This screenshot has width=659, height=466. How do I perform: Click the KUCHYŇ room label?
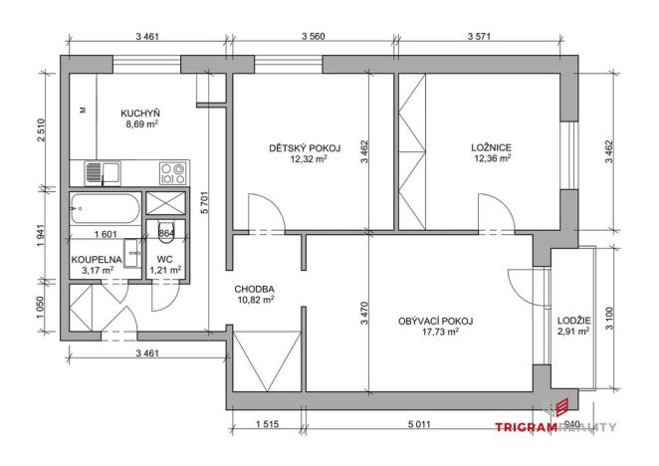pyautogui.click(x=142, y=113)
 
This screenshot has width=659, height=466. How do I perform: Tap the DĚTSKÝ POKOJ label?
pyautogui.click(x=305, y=147)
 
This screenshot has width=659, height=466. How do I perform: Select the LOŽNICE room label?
pyautogui.click(x=491, y=147)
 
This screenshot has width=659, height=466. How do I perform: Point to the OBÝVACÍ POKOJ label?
pyautogui.click(x=434, y=321)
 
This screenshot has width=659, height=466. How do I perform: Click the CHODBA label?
pyautogui.click(x=254, y=289)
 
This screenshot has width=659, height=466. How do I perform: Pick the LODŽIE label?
pyautogui.click(x=572, y=320)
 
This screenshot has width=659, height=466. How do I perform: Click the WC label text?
pyautogui.click(x=165, y=257)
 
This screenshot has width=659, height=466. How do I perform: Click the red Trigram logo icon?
pyautogui.click(x=560, y=406)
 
